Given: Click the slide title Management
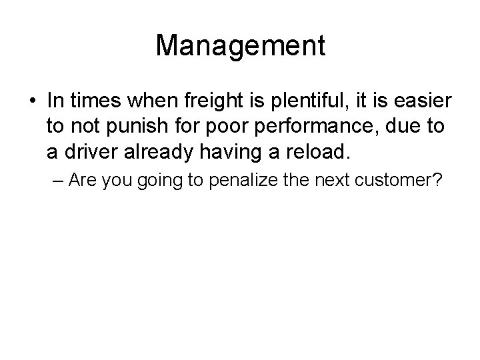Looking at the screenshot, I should [x=240, y=45].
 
